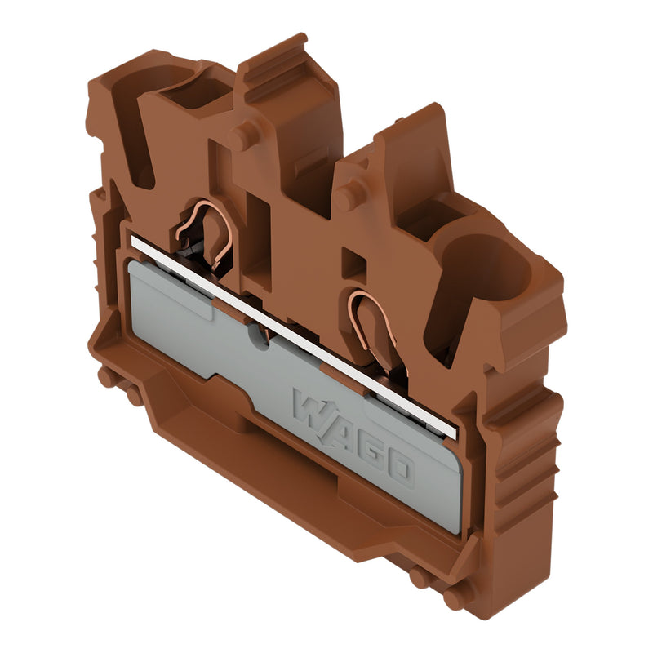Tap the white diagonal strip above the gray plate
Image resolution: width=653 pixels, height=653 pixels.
(294, 338)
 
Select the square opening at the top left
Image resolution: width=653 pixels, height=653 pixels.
(197, 92)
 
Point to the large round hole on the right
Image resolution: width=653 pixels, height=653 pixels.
(485, 269)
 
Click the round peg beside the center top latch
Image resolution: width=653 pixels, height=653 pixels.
(242, 135)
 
